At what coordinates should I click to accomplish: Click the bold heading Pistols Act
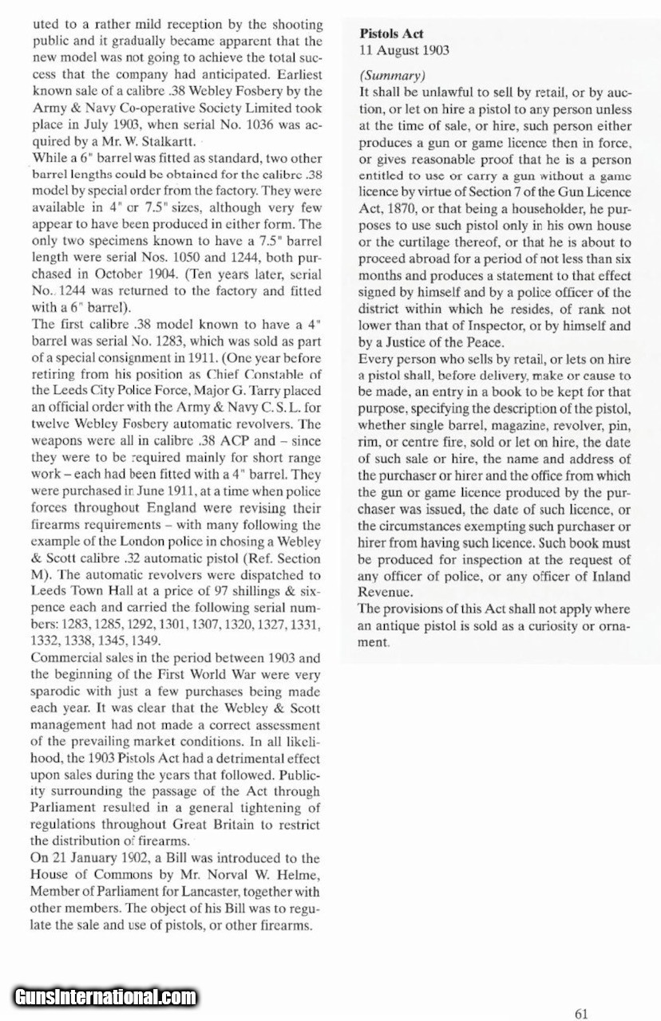(391, 34)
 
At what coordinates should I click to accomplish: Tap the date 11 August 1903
(405, 51)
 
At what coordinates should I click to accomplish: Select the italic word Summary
(391, 76)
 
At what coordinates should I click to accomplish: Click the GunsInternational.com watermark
(105, 995)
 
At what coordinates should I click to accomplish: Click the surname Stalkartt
(168, 141)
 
